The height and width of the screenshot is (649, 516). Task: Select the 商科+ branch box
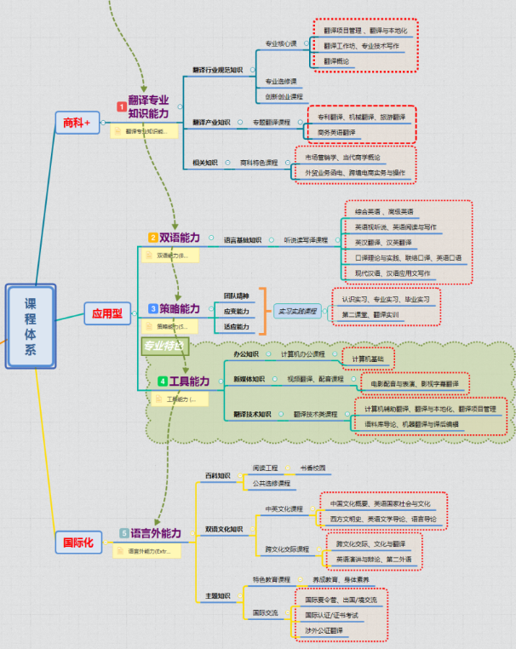click(x=77, y=123)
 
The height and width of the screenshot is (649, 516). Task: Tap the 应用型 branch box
click(x=107, y=313)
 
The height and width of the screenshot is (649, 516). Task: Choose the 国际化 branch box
click(x=80, y=541)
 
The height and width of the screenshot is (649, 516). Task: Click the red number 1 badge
click(x=122, y=106)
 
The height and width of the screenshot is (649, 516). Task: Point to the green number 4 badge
click(x=162, y=381)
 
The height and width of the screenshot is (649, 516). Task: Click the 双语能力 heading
click(x=180, y=238)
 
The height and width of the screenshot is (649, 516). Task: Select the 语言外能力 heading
click(x=156, y=533)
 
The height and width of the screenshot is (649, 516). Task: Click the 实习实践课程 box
click(x=296, y=311)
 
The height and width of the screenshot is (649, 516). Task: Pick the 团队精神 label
click(x=236, y=295)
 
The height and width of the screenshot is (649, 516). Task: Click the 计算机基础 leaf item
click(x=367, y=358)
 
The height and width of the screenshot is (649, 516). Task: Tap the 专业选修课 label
click(x=281, y=81)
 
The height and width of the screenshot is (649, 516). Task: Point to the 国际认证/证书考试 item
click(x=332, y=615)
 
